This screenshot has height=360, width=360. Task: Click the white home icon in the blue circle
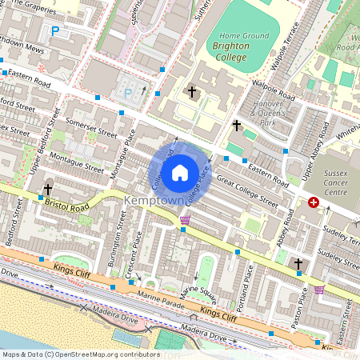[180, 172]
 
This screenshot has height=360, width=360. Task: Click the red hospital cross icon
[314, 202]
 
